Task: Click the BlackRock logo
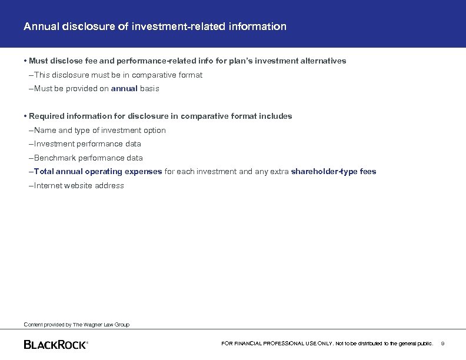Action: [x=55, y=344]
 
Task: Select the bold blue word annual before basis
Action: [x=124, y=89]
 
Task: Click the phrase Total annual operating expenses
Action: [x=98, y=172]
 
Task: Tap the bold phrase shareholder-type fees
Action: [x=334, y=172]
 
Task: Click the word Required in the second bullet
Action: [x=46, y=116]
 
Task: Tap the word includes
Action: [x=274, y=116]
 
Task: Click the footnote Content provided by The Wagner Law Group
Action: [x=76, y=325]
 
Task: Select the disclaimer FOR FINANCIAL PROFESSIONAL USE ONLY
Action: [x=277, y=344]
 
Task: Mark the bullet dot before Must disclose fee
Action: [x=25, y=61]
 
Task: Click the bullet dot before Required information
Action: [x=25, y=116]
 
